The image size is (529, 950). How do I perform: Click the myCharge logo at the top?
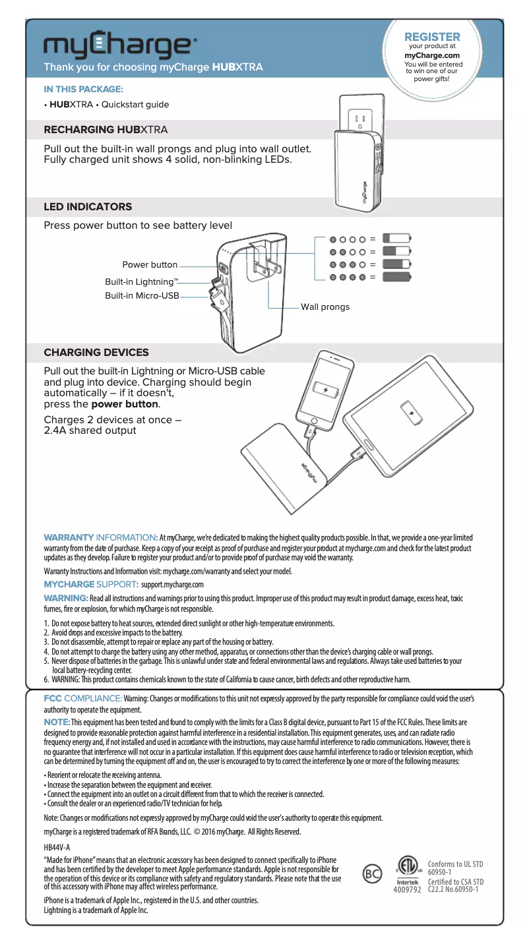point(119,45)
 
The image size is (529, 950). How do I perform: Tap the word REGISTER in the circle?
point(432,36)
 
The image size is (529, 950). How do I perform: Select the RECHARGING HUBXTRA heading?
point(106,128)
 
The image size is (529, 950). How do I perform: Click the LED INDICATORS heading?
point(88,207)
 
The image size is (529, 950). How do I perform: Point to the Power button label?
point(150,265)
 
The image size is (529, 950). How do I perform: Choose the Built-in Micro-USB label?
point(142,295)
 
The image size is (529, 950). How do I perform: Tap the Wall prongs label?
point(325,307)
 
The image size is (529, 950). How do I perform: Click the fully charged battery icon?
point(397,277)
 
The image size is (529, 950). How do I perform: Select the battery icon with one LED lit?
point(397,239)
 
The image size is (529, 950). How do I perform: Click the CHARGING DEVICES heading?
point(96,353)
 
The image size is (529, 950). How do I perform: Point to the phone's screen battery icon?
point(325,389)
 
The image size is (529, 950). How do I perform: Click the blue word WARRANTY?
point(69,538)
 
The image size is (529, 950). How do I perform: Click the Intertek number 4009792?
point(408,890)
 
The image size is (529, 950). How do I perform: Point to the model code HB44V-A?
point(57,847)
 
